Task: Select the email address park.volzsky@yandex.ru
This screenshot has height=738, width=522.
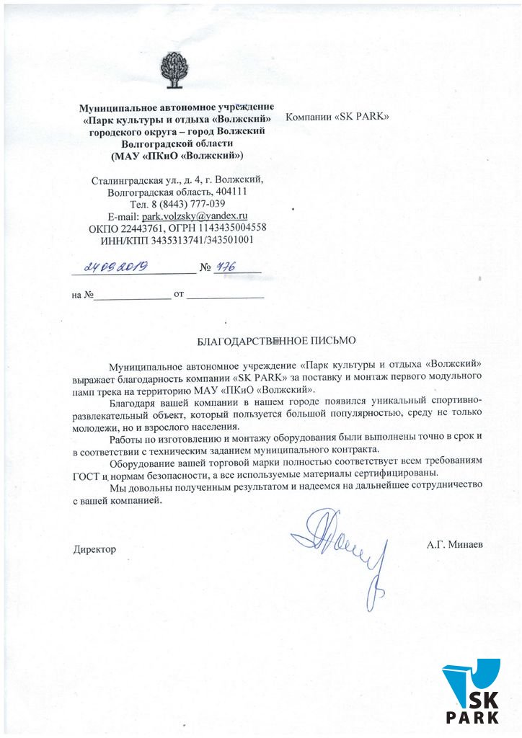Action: tap(195, 215)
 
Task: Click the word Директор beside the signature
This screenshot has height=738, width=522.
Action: tap(94, 549)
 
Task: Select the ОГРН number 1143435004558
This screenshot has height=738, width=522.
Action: tap(235, 228)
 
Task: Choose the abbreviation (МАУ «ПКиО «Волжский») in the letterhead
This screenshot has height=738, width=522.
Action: tap(177, 155)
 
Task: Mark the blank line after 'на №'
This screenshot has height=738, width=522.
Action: tap(133, 296)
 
